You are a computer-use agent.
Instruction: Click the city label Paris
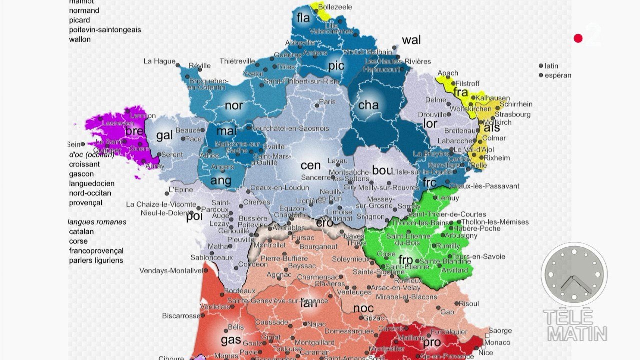click(327, 102)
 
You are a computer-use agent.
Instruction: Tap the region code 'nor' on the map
click(234, 105)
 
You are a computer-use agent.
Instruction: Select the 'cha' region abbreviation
click(368, 105)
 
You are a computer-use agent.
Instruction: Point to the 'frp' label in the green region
click(405, 260)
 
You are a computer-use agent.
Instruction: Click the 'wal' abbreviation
click(411, 40)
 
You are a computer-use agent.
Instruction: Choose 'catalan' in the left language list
click(81, 232)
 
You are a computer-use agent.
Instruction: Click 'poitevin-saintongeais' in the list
click(105, 30)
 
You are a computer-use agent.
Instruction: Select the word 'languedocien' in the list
click(92, 184)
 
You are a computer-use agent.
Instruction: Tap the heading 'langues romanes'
click(97, 222)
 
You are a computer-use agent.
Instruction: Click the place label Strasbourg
click(513, 114)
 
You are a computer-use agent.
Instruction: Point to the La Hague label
click(159, 61)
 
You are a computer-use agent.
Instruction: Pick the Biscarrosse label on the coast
click(180, 316)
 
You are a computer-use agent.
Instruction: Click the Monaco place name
click(498, 342)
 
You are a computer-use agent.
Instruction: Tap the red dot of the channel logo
click(578, 38)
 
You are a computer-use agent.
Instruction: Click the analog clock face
click(574, 274)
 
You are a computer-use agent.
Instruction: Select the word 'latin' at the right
click(551, 66)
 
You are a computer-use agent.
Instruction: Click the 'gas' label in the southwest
click(231, 340)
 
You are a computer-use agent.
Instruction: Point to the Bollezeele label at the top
click(335, 7)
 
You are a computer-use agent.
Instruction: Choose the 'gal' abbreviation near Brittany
click(164, 136)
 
